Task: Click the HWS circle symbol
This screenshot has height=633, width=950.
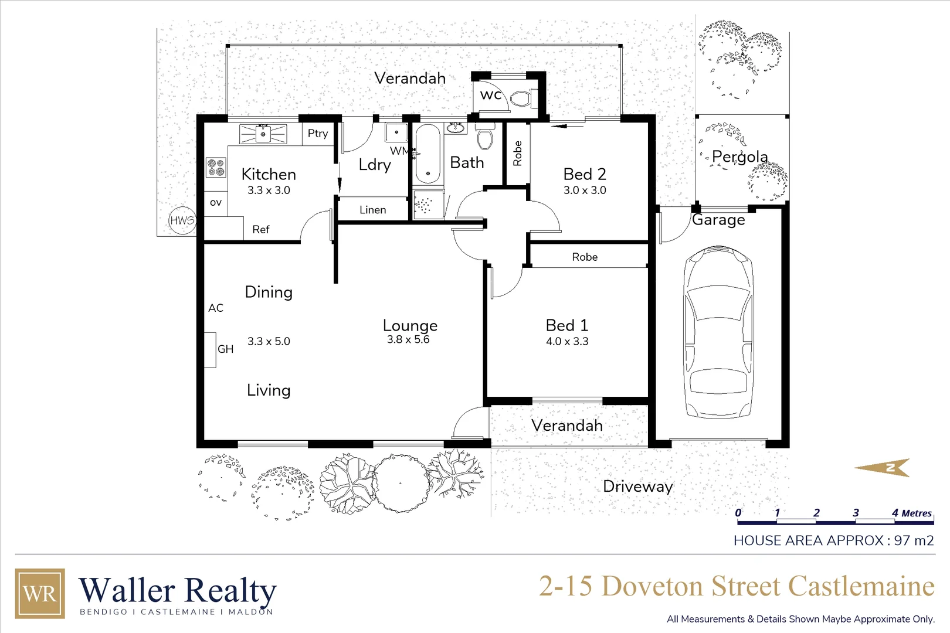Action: (182, 221)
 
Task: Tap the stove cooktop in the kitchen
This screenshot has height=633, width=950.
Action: (216, 168)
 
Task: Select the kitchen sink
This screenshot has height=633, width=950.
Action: (263, 134)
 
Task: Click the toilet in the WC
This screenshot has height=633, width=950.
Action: (520, 98)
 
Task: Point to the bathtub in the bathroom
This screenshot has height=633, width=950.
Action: (428, 154)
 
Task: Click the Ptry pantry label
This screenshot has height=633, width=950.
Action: (318, 134)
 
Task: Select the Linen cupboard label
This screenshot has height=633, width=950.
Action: (373, 210)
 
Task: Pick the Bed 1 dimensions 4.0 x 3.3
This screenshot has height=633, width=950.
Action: (567, 341)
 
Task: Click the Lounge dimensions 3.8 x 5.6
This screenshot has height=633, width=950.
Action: (408, 339)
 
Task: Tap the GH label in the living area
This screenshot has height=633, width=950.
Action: (226, 349)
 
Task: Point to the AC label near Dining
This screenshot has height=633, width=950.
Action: (216, 308)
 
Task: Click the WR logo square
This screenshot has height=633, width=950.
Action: (40, 593)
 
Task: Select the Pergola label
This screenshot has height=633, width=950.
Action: (739, 156)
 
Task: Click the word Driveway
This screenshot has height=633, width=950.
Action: (637, 486)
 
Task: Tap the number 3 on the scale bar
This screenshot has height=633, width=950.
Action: (856, 513)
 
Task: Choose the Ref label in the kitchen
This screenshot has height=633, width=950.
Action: (261, 230)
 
